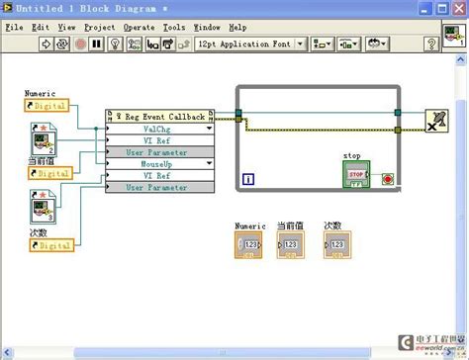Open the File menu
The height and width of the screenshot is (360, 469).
[x=14, y=28]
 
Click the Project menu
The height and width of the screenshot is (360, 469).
[x=100, y=28]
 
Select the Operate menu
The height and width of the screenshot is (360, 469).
[x=140, y=28]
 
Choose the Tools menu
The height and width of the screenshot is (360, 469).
[x=174, y=28]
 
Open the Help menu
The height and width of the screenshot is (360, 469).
[x=238, y=28]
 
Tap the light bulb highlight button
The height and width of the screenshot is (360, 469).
[x=116, y=45]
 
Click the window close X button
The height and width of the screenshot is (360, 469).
[x=457, y=9]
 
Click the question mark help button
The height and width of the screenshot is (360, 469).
[x=431, y=45]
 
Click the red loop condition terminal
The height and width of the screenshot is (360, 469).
[x=387, y=179]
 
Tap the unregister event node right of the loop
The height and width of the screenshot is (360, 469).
[x=435, y=120]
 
